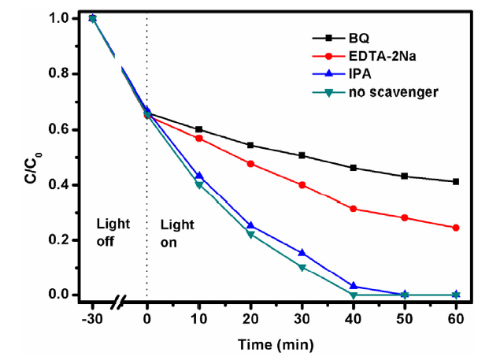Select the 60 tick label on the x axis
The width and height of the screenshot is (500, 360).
click(456, 317)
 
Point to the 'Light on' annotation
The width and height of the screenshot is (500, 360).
click(175, 233)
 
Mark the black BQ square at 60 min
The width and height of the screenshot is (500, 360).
click(456, 181)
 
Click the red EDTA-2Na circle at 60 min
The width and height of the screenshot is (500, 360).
click(456, 228)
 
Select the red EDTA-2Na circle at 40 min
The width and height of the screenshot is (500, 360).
click(353, 209)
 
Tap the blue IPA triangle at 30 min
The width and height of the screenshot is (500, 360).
click(302, 253)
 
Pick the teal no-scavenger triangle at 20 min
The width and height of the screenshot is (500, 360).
click(250, 235)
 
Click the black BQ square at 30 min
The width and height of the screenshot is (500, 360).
click(302, 155)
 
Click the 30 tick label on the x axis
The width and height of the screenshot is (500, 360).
click(302, 317)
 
